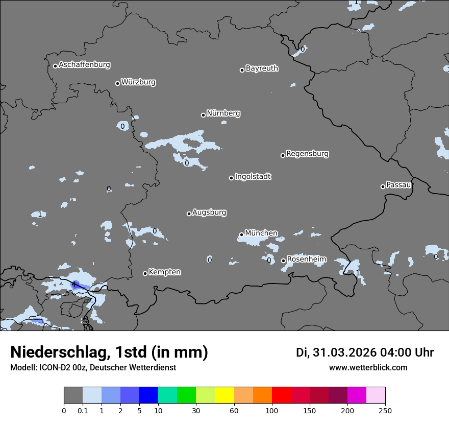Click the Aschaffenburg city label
point(84,65)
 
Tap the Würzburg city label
point(138,82)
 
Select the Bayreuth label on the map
point(262,68)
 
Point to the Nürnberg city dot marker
point(203,115)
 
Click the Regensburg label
point(307,154)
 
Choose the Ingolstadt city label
point(253,177)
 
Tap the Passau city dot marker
point(383,186)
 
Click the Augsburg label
point(209,213)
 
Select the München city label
point(261,233)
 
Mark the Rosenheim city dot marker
point(283,261)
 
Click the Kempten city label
point(164,272)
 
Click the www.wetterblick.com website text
point(368,368)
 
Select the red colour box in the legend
point(281,395)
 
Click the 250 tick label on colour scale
point(385,410)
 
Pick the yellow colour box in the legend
point(224,395)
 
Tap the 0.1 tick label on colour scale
point(82,410)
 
